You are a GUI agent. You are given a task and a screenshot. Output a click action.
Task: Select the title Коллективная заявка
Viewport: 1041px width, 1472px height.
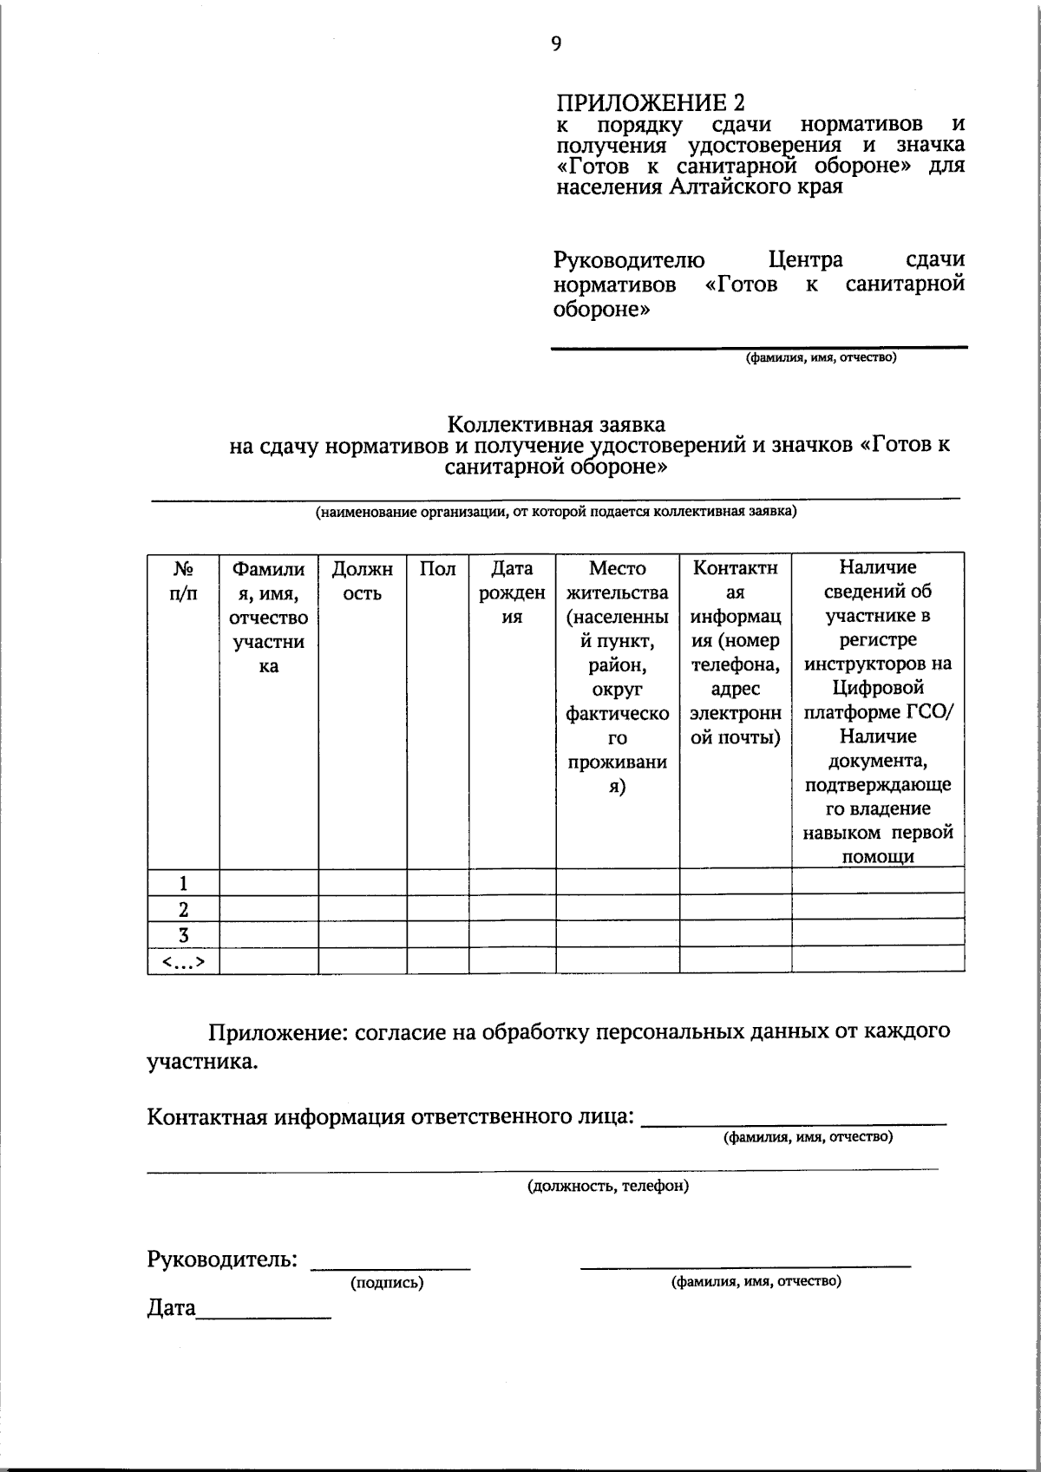tap(556, 424)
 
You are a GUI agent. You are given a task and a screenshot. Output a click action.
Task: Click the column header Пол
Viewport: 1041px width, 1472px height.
tap(438, 569)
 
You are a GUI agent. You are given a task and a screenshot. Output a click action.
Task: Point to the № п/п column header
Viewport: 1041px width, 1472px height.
tap(183, 581)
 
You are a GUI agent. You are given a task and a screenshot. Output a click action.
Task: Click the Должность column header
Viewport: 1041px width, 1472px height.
tap(363, 581)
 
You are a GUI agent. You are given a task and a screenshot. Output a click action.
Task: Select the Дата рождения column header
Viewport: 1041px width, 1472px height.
tap(512, 593)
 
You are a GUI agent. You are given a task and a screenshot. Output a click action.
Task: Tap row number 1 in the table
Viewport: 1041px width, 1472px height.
tap(183, 884)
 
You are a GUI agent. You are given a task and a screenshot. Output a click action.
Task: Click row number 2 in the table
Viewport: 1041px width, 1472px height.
tap(183, 909)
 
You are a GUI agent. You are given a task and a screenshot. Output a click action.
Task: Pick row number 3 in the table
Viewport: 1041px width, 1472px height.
tap(183, 934)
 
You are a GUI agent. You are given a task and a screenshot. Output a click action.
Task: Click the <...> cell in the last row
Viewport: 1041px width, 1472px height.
tap(183, 960)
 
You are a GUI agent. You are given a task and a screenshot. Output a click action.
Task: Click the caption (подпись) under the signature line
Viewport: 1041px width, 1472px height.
tap(386, 1283)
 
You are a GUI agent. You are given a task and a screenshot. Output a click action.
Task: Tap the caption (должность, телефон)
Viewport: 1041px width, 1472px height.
tap(608, 1186)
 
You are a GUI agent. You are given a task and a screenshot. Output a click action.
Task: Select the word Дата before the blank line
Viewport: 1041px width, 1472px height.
tap(172, 1308)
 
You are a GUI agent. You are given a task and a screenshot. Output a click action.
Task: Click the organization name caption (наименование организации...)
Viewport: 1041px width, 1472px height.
tap(555, 512)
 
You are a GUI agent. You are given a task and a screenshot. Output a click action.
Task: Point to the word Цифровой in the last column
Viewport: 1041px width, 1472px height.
tap(877, 689)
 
